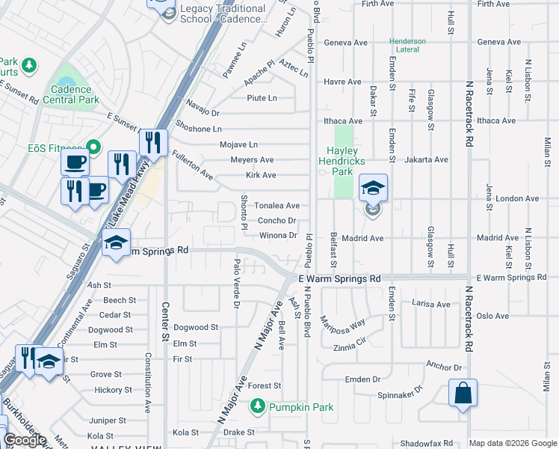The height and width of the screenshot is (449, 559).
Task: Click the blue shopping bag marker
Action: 463,393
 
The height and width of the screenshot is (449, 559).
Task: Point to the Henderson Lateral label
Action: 407,46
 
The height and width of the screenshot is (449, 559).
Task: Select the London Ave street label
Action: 517,198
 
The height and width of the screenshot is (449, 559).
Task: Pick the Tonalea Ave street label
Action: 277,205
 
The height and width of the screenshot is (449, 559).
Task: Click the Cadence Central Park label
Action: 71,94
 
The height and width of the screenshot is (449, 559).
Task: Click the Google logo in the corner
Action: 25,440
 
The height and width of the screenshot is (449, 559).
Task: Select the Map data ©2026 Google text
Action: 513,443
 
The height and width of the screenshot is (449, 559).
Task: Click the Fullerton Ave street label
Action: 192,166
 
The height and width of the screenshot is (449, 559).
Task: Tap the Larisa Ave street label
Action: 431,304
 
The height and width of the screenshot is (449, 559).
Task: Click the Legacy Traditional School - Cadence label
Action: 223,13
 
